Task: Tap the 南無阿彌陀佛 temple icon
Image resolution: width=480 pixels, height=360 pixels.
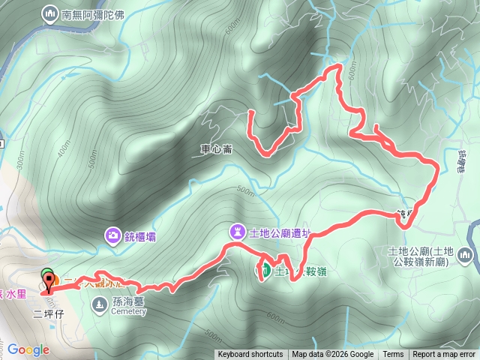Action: [x=50, y=13]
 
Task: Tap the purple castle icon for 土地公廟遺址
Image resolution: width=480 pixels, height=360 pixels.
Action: [x=238, y=231]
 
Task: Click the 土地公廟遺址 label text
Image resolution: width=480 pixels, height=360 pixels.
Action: [x=279, y=232]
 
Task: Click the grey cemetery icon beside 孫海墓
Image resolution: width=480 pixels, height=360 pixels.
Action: [x=99, y=303]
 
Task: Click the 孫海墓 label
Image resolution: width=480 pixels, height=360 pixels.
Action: [x=127, y=301]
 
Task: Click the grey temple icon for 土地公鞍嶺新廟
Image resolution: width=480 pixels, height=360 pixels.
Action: [x=466, y=256]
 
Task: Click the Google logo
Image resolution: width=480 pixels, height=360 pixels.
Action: [x=28, y=349]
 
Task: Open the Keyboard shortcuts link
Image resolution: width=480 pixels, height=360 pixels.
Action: [x=250, y=355]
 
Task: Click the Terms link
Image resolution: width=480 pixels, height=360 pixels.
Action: [x=393, y=355]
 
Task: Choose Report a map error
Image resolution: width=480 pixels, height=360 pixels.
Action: [x=444, y=355]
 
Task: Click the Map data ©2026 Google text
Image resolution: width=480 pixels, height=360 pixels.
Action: [x=333, y=355]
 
